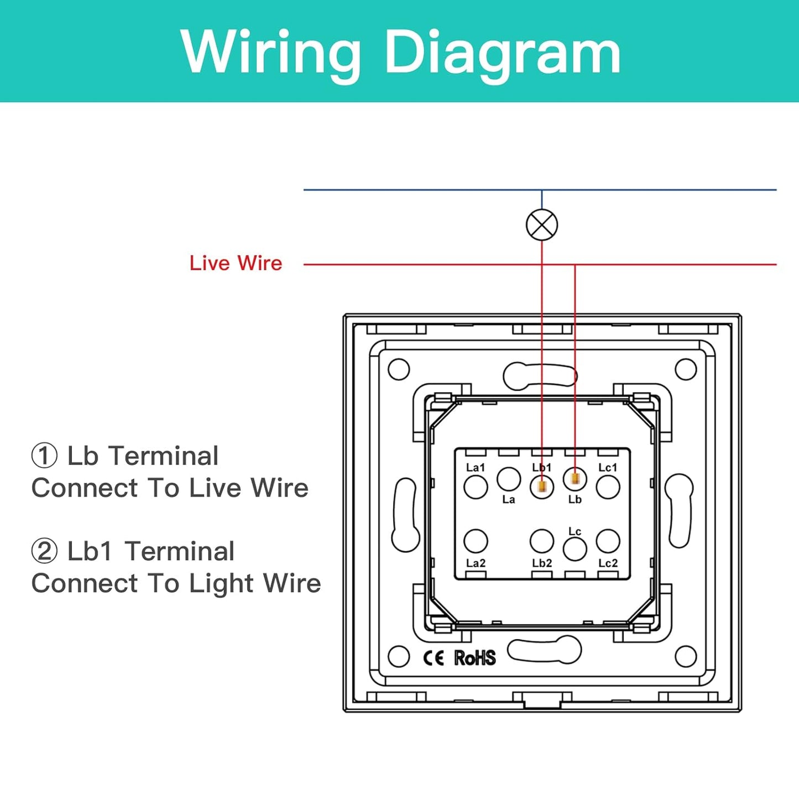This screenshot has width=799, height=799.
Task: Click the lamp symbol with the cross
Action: pyautogui.click(x=542, y=225)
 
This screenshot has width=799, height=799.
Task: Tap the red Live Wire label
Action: pyautogui.click(x=236, y=263)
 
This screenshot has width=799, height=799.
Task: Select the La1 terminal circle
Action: pyautogui.click(x=476, y=487)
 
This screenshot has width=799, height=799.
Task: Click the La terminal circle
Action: pyautogui.click(x=509, y=479)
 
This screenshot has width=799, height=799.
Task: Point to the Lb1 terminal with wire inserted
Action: pyautogui.click(x=542, y=487)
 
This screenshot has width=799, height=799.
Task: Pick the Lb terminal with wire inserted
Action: pyautogui.click(x=575, y=478)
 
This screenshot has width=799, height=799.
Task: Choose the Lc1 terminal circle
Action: pyautogui.click(x=608, y=487)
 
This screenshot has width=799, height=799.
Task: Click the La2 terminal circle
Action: pyautogui.click(x=476, y=541)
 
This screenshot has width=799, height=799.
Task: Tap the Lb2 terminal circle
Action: pyautogui.click(x=542, y=541)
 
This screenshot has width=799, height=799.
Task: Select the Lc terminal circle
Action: pyautogui.click(x=575, y=549)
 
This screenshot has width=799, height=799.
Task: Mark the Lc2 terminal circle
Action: pyautogui.click(x=608, y=541)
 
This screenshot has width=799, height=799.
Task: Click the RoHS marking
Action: pyautogui.click(x=475, y=658)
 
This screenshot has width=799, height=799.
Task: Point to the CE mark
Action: pyautogui.click(x=434, y=658)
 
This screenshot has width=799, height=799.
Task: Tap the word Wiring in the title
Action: pyautogui.click(x=271, y=53)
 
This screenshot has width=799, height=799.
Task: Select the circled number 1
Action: pyautogui.click(x=44, y=456)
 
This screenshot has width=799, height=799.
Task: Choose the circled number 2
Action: pyautogui.click(x=44, y=551)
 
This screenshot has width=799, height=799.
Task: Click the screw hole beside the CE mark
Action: pyautogui.click(x=399, y=657)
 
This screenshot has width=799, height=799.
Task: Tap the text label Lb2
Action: pyautogui.click(x=542, y=563)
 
